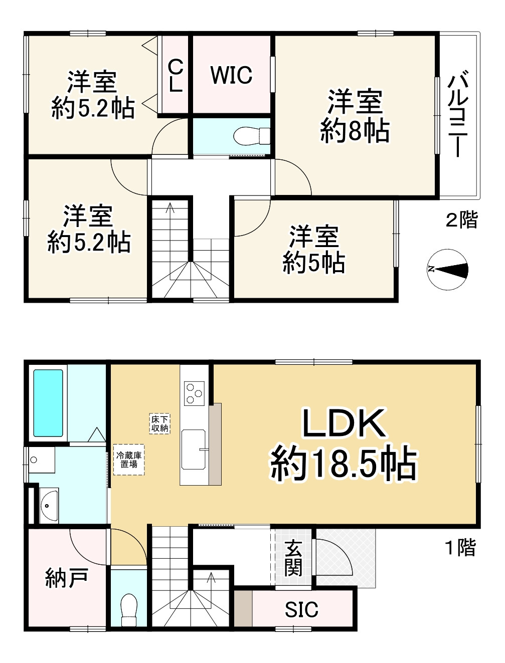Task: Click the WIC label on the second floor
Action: click(x=231, y=75)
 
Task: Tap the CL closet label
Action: click(x=175, y=76)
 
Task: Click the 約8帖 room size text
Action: click(x=355, y=131)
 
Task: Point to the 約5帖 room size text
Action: click(x=313, y=262)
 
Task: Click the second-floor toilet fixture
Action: click(x=252, y=136)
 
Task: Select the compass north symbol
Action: click(x=447, y=270)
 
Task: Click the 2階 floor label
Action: click(x=462, y=219)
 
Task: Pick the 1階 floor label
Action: click(x=461, y=547)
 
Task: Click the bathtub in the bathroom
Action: click(x=48, y=403)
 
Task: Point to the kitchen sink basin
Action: click(x=194, y=450)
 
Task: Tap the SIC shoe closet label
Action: click(x=301, y=609)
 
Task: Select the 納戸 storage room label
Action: click(x=67, y=578)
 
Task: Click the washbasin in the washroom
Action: click(x=49, y=505)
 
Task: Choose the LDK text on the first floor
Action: click(x=344, y=424)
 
